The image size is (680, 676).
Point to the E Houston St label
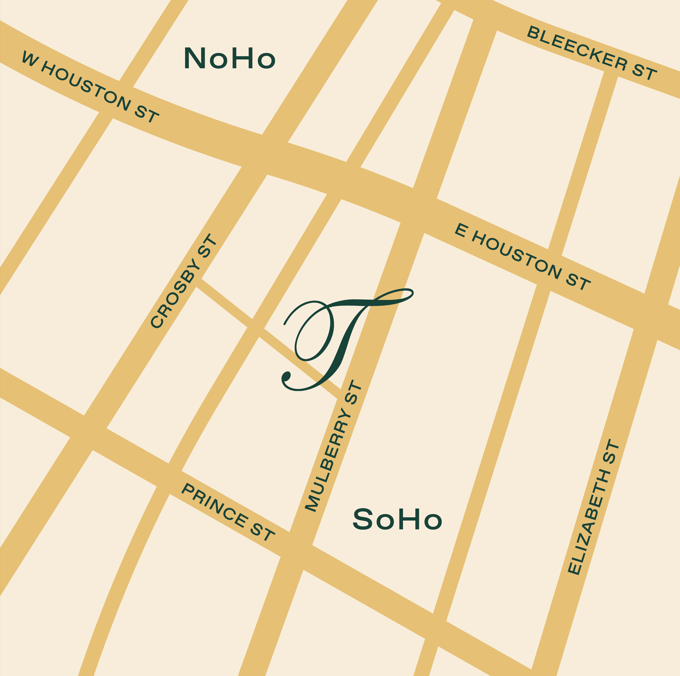523,257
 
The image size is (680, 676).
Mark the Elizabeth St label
594,506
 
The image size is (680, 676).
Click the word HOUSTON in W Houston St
87,85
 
